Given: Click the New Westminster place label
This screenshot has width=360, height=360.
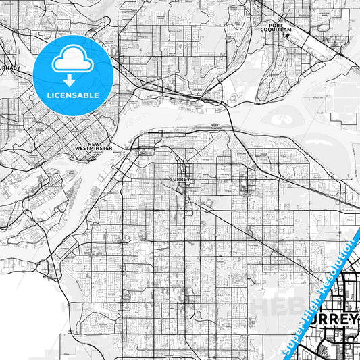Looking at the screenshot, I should tap(94, 147).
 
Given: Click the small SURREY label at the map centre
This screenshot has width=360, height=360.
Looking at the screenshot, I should tap(181, 180).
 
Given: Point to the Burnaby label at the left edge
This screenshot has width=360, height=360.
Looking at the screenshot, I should tap(9, 68).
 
